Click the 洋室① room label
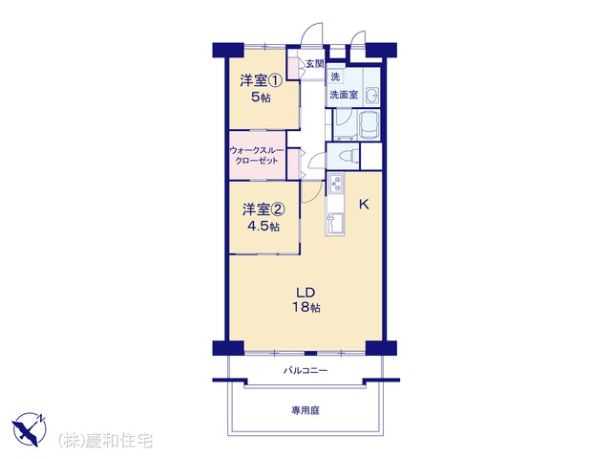[x=261, y=80]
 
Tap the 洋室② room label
[x=263, y=209]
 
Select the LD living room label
[x=305, y=293]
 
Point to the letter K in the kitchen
[x=364, y=204]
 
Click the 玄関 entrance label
[x=314, y=64]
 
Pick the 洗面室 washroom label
[x=344, y=95]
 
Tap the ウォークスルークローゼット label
[x=257, y=155]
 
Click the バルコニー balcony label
[x=305, y=370]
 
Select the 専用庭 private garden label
[x=305, y=410]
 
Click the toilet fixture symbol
[x=348, y=156]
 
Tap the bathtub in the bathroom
[x=369, y=124]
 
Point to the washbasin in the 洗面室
[x=372, y=95]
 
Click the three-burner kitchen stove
[x=335, y=185]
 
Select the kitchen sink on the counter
[x=335, y=224]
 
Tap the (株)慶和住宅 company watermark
[x=106, y=441]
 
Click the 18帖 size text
[x=306, y=307]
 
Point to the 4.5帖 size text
[x=263, y=226]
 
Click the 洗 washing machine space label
[x=335, y=76]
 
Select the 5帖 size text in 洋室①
[x=261, y=98]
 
